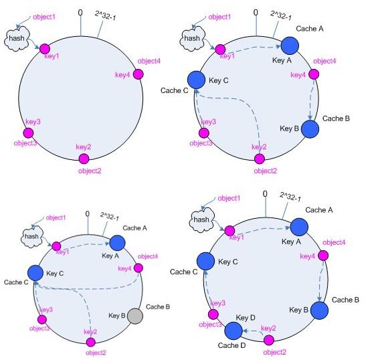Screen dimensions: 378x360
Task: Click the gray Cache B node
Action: click(135, 316)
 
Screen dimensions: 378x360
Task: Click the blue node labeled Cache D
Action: click(233, 331)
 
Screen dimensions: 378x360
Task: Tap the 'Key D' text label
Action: click(246, 318)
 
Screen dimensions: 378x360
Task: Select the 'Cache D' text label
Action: click(231, 345)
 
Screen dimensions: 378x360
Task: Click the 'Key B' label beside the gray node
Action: click(116, 315)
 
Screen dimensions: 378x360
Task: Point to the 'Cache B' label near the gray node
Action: click(158, 306)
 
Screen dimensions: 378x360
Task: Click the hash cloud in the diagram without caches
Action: click(17, 39)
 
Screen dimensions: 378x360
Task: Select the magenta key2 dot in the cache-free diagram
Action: click(84, 159)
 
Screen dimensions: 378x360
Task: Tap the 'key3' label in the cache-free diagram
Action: click(33, 122)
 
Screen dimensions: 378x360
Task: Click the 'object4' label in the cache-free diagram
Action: click(149, 61)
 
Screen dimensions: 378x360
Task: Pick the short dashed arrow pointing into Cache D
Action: click(253, 331)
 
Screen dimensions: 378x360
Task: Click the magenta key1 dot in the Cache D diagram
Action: click(229, 231)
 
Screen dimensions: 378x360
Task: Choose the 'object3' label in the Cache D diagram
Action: click(210, 325)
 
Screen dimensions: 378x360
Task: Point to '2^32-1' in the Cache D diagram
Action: click(290, 197)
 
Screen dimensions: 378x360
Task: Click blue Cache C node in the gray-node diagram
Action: click(35, 273)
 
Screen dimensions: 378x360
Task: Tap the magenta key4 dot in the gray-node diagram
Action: click(138, 268)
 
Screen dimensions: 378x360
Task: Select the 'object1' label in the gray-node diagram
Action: click(56, 217)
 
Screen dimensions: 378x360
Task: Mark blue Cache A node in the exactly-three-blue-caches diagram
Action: click(290, 46)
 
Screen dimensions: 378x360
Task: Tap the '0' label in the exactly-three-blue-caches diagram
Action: click(256, 13)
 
